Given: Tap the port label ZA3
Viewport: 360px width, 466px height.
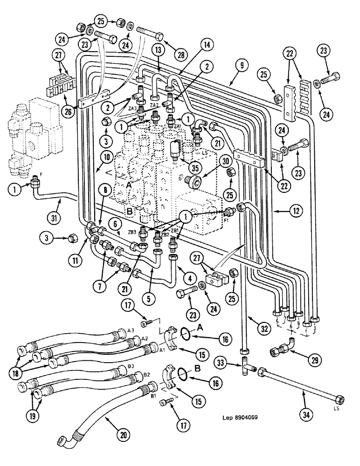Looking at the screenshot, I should pos(133,109).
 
